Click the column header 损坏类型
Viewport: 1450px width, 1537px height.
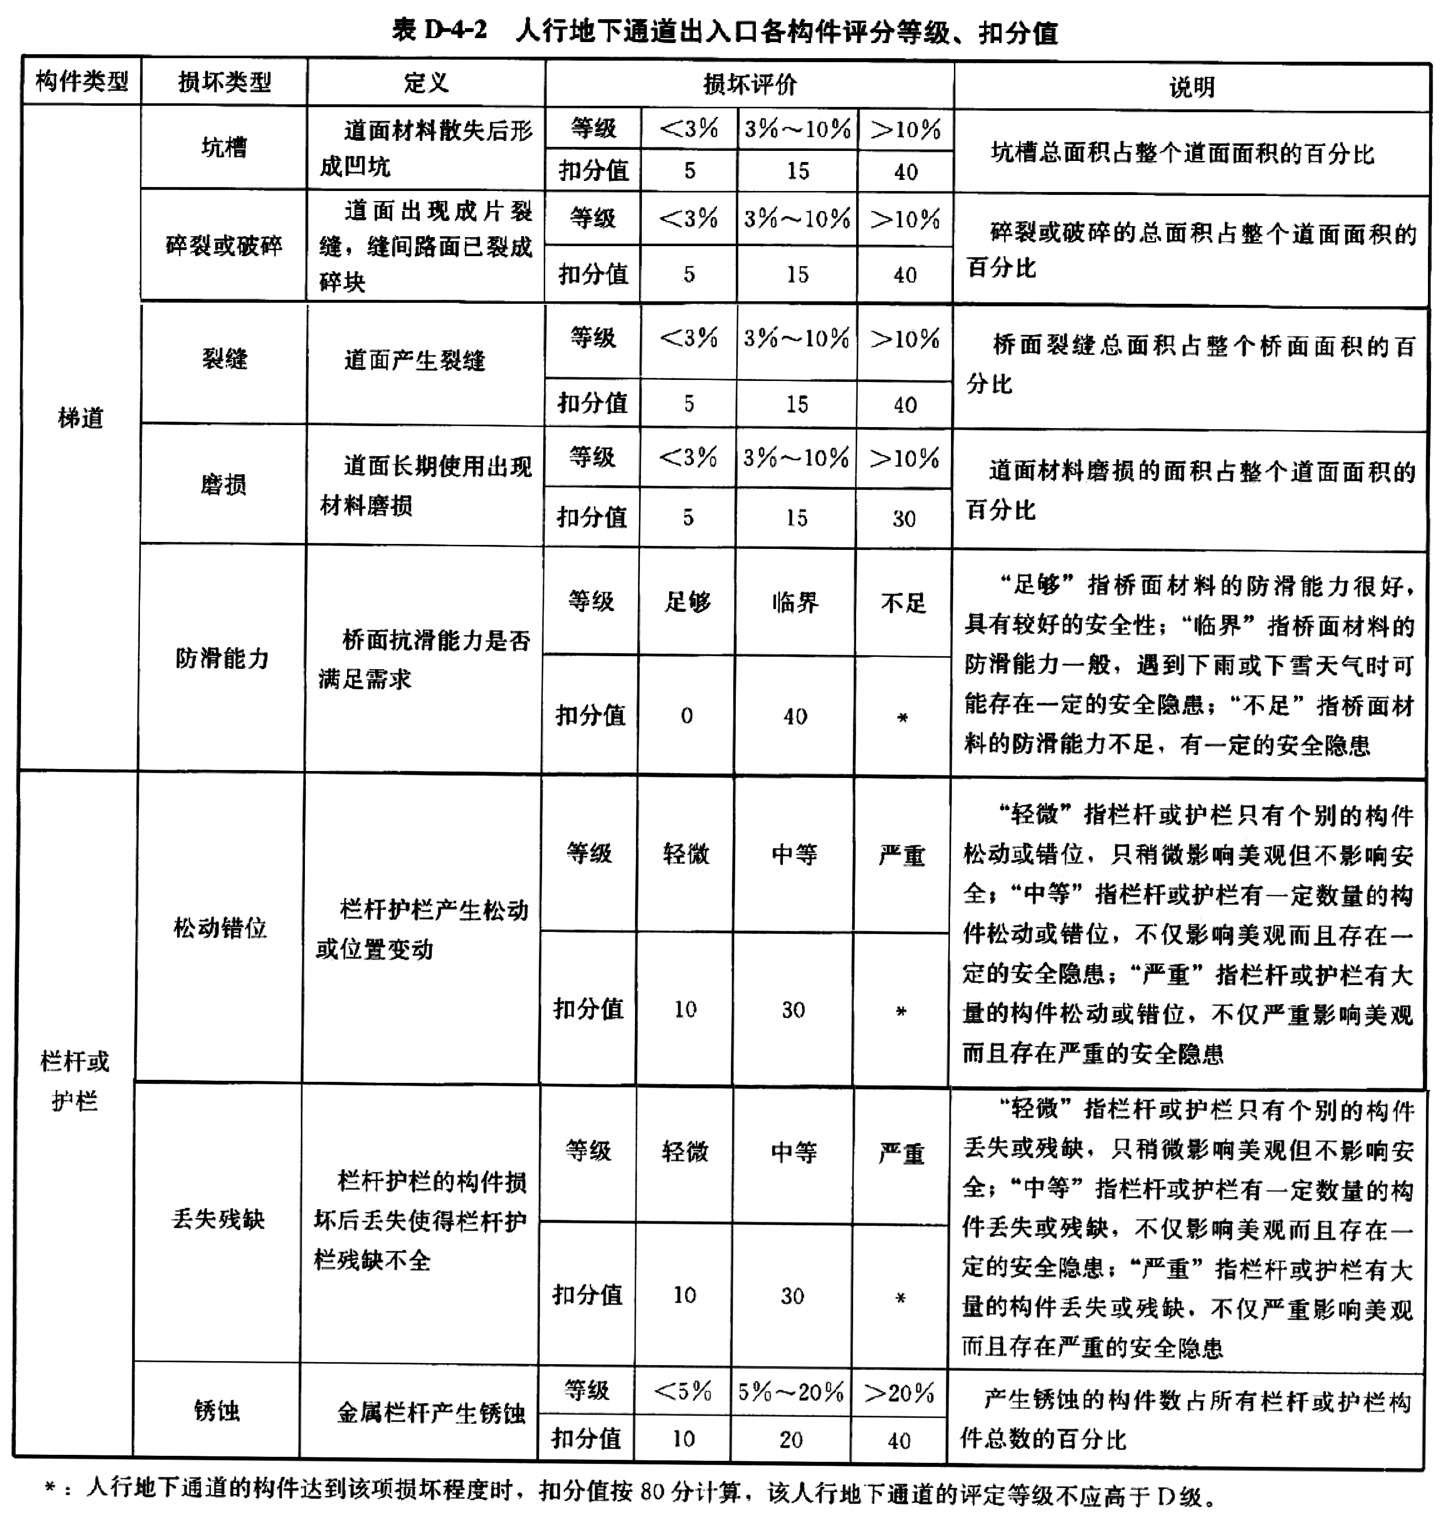point(224,82)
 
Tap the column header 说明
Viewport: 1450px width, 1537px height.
point(1192,87)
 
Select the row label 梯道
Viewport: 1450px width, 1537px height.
point(80,418)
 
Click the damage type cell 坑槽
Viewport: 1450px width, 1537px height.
point(224,147)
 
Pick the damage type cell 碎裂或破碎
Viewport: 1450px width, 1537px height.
point(224,246)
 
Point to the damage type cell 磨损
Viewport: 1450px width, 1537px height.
point(224,485)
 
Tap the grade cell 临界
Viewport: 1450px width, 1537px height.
point(795,602)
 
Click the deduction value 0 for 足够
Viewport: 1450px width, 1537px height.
point(687,716)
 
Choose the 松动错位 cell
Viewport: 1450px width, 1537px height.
point(220,928)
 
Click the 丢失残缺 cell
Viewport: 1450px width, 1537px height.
point(218,1219)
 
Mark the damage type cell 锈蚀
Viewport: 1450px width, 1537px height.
point(217,1411)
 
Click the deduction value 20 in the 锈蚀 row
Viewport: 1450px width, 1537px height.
point(791,1440)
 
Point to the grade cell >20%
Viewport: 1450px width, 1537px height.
point(899,1393)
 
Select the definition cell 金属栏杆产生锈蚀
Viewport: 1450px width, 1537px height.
point(431,1413)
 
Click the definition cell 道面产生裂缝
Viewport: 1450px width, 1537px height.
point(415,359)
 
